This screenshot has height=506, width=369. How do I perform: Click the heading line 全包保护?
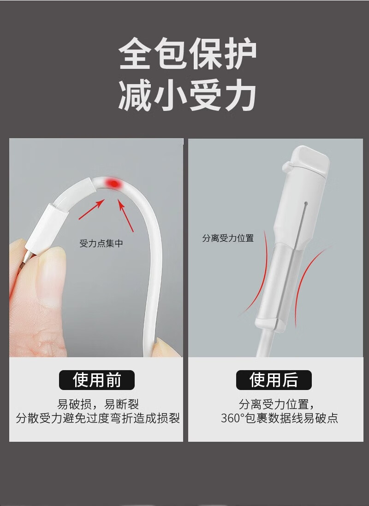coord(187,54)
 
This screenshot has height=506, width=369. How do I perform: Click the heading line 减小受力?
coord(187,95)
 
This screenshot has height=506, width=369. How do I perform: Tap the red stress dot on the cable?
coord(114,184)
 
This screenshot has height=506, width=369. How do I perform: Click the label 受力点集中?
coord(101,244)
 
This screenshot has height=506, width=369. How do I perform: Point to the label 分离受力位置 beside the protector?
coord(228,238)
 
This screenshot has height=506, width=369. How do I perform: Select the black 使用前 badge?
coord(97,380)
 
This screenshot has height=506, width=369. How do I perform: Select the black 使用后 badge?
coord(274,380)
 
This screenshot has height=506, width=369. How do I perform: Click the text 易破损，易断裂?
coord(98,404)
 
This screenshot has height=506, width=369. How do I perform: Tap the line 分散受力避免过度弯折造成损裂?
coord(98,418)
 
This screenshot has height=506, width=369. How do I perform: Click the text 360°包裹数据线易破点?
coord(279,418)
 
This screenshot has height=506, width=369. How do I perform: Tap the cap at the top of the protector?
coord(309,161)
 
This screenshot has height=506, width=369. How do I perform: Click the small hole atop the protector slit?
coord(305,204)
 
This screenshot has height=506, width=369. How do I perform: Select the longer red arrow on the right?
coord(126,215)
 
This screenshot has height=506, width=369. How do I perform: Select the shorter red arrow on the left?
coord(92,209)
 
